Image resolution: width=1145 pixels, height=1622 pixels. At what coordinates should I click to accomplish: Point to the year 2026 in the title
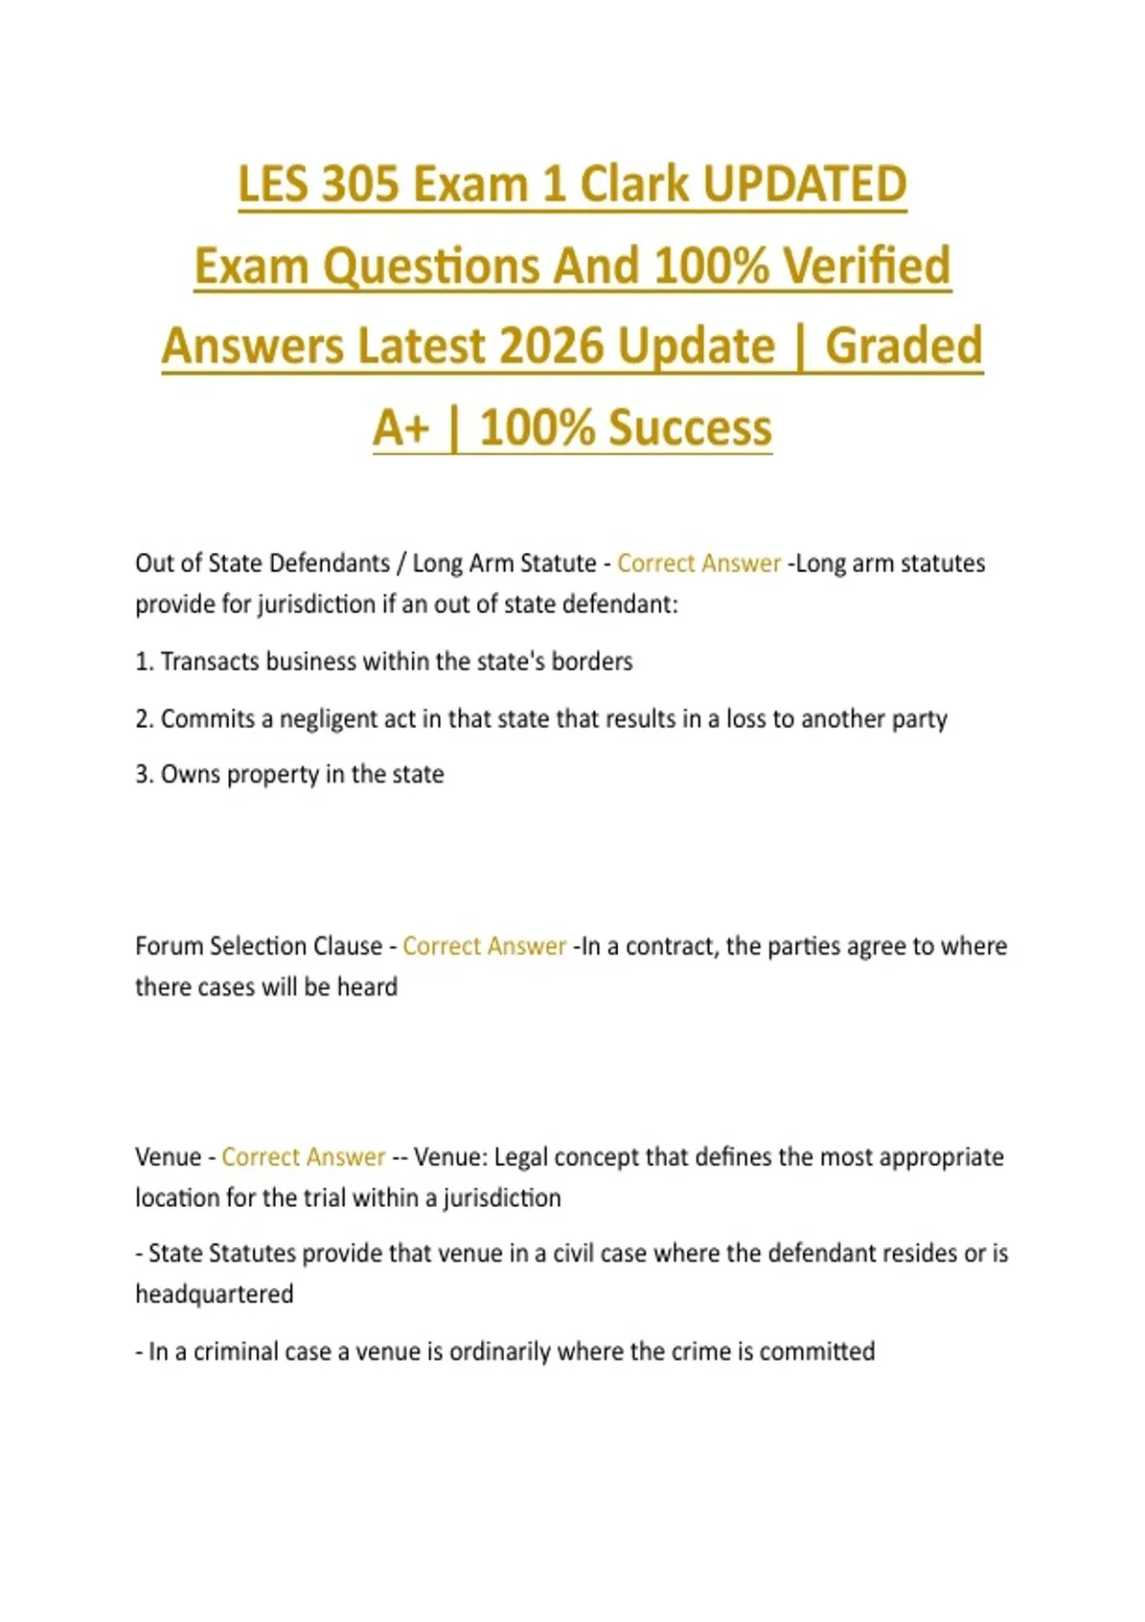[552, 345]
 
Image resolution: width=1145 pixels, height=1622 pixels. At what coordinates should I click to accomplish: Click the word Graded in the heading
[904, 345]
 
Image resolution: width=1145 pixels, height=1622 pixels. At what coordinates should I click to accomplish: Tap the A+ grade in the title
[401, 427]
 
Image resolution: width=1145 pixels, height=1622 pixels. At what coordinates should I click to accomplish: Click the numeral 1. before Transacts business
[144, 661]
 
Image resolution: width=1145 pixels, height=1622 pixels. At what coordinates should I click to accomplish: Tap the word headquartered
[215, 1294]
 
